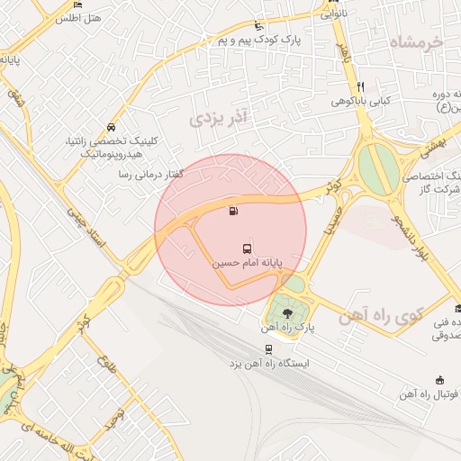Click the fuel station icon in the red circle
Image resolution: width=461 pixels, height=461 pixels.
point(234,212)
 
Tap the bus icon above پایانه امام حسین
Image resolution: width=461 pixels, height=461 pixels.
point(246,248)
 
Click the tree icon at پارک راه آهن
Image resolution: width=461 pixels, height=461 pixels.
point(287,313)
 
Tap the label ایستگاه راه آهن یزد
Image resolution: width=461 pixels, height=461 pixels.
point(268,364)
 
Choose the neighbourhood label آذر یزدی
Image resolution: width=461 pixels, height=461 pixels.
point(220,116)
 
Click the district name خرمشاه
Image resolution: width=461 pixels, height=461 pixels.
point(419,42)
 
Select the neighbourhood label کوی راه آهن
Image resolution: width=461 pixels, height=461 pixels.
point(382,316)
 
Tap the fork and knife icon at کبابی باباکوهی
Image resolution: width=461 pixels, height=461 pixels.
point(360,86)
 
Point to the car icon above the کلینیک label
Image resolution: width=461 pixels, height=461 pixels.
point(110,127)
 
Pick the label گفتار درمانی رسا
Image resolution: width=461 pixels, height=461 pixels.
point(150,174)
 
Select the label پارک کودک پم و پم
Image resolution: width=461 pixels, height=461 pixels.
point(258,41)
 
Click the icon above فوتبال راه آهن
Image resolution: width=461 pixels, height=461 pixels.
point(439,379)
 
